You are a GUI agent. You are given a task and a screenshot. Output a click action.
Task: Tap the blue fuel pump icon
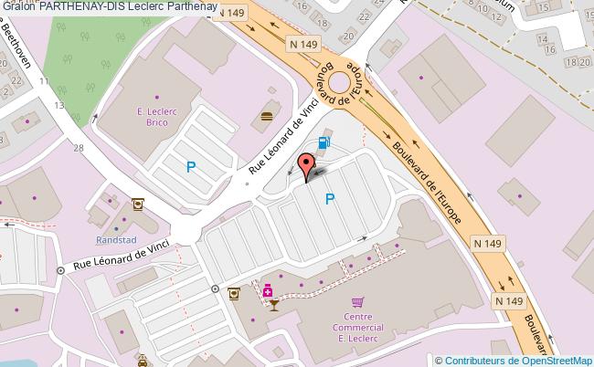coord(323,142)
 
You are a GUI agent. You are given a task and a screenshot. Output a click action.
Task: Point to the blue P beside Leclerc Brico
coord(191,167)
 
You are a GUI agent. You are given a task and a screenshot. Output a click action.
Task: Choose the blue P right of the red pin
coord(329,198)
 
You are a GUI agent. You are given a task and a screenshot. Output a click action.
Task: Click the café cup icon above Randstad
coord(137,204)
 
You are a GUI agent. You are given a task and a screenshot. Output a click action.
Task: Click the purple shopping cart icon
coord(358,300)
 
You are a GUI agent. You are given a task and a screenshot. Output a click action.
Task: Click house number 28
coord(79,147)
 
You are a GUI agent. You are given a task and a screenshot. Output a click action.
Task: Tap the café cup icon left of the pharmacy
coord(234,293)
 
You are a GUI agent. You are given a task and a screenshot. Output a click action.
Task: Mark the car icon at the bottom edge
coord(143,362)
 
